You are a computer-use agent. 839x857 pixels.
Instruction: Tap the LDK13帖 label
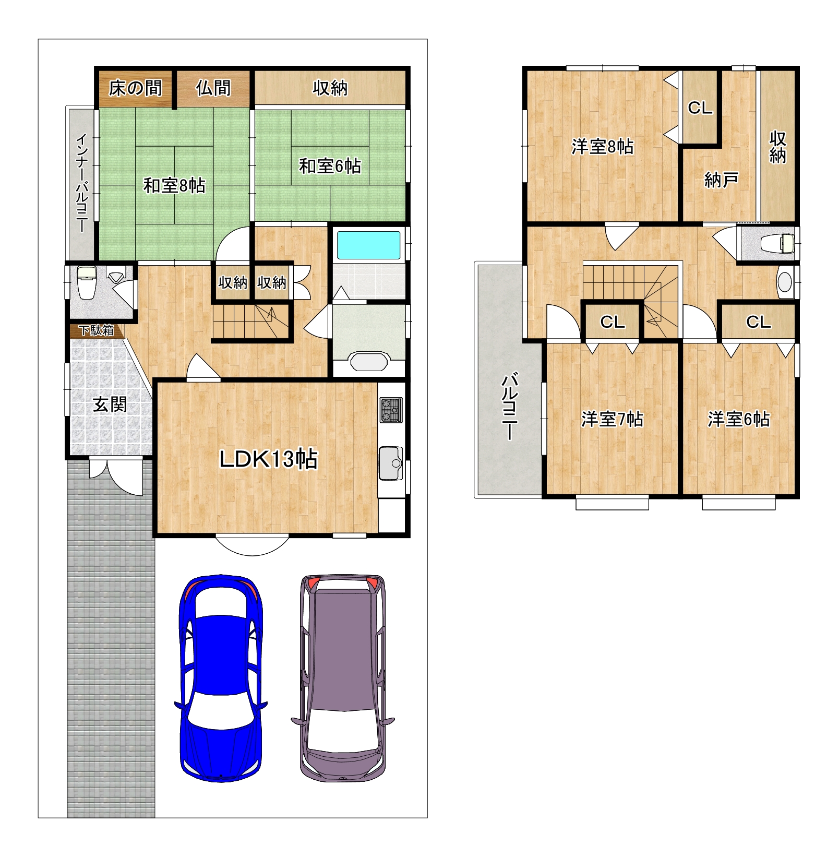tap(268, 459)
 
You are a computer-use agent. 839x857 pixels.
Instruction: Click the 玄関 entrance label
tap(110, 404)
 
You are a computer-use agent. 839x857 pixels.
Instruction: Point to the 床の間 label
tap(135, 88)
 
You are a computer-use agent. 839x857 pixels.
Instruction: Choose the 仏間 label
tap(213, 88)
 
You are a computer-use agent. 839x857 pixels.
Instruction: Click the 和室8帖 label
tap(174, 185)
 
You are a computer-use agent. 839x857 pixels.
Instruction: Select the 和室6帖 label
tap(330, 166)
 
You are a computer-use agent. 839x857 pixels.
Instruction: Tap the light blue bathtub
tap(368, 245)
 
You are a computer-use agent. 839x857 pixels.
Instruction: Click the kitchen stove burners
tap(391, 410)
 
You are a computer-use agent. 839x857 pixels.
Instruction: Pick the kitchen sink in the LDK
tap(391, 463)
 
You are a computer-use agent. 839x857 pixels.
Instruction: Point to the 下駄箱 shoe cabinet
tap(97, 330)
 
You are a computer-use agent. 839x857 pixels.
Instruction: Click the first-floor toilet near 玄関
tap(86, 282)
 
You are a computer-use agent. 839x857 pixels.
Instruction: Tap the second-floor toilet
tap(777, 243)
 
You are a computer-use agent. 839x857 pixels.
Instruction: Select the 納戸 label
tap(721, 180)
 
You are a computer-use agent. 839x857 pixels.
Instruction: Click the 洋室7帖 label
tap(612, 419)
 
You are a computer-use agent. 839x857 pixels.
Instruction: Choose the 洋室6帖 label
tap(739, 419)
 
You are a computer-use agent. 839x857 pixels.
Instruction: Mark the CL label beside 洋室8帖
tap(700, 108)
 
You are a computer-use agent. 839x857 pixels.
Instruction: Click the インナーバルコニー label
tap(82, 183)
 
